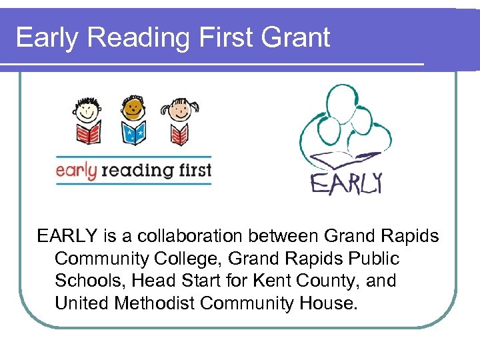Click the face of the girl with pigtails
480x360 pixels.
(179, 109)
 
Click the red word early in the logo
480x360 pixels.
(76, 170)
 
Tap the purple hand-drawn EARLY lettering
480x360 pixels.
(346, 183)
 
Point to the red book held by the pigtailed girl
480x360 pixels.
(179, 135)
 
